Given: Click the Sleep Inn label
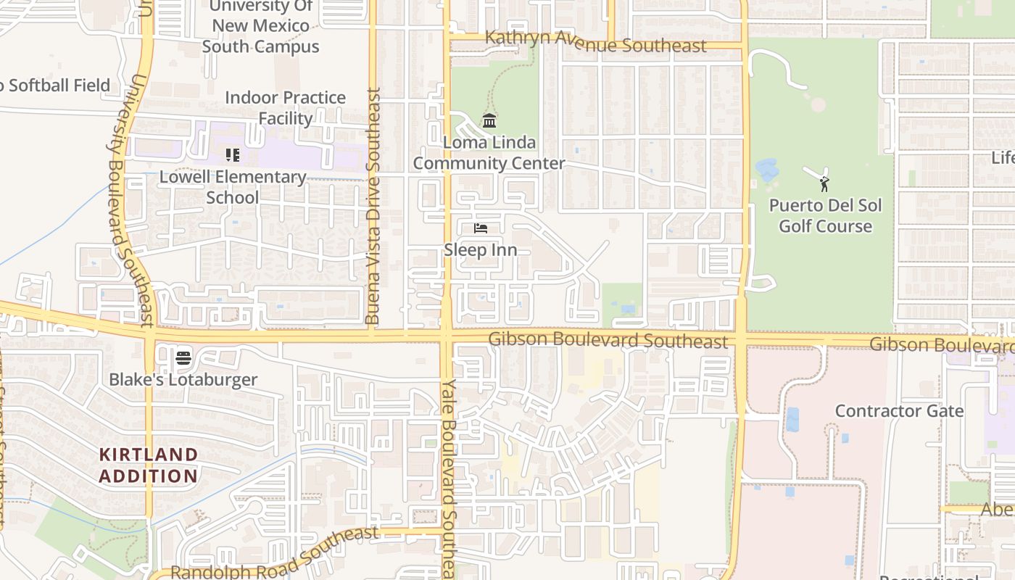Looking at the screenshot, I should tap(480, 250).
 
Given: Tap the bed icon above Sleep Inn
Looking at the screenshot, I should tap(480, 228).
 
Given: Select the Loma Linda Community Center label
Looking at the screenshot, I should tap(489, 153).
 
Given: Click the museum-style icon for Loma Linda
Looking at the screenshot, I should tap(489, 120).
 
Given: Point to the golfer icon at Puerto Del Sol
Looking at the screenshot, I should tap(824, 183).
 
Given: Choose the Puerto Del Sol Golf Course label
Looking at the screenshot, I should tap(825, 216).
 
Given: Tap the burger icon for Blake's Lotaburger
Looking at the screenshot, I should tap(183, 357).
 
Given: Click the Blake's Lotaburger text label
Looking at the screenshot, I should tap(183, 379).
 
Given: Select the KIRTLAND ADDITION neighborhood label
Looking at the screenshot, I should tap(149, 465).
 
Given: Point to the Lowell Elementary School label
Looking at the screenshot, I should tap(233, 187).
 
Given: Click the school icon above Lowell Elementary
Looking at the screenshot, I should tap(233, 154).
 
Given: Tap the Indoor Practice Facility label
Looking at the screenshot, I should tap(285, 108).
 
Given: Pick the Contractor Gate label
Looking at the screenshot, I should tap(899, 411).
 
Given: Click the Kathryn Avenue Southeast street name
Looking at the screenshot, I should tap(595, 42).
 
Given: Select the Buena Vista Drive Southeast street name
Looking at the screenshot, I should tap(373, 207).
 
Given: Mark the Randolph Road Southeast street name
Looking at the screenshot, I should tap(274, 555).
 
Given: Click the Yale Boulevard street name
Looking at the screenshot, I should tap(450, 478).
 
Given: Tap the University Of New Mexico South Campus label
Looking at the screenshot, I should tap(261, 27).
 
